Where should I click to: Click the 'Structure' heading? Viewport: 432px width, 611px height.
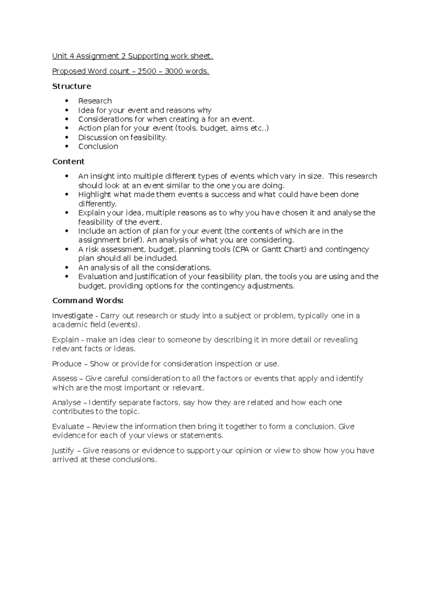tap(72, 86)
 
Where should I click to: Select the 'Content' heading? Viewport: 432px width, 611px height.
tap(68, 162)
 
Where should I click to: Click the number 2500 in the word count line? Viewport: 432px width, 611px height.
tap(147, 71)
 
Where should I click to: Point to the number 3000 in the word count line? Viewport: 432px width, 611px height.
tap(174, 71)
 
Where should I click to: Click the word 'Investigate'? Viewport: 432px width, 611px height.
tap(72, 316)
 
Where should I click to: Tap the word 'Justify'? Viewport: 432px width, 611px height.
tap(63, 451)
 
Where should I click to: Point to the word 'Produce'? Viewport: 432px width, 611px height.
tap(67, 364)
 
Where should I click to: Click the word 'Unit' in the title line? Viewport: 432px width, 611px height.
tap(59, 56)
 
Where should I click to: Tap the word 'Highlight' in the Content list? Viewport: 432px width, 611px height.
tap(95, 195)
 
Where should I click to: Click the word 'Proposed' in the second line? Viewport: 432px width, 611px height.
tap(68, 71)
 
